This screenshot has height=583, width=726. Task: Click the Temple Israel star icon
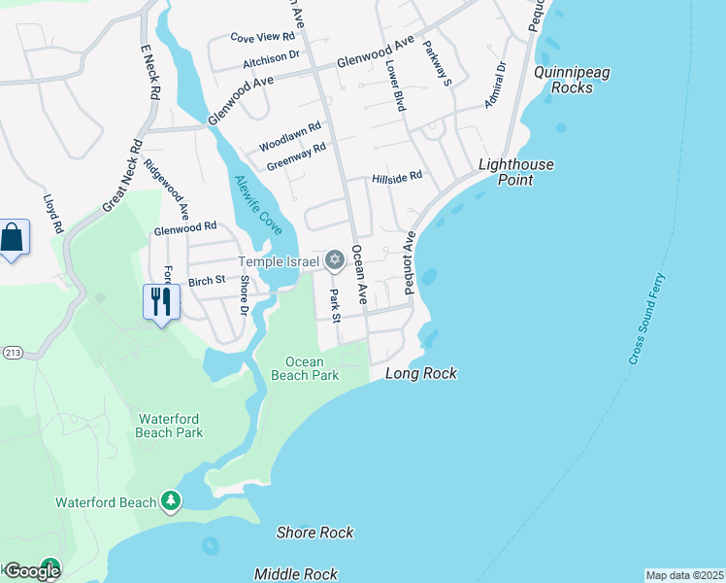[x=335, y=259]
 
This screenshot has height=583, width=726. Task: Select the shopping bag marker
[x=13, y=238]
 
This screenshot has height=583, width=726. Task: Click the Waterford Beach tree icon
[x=171, y=500]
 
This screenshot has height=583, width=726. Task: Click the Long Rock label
[x=420, y=374]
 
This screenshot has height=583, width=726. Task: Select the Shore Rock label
[x=314, y=532]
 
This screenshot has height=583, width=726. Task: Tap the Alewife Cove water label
[x=257, y=204]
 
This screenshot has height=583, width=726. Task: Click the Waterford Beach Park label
[x=170, y=426]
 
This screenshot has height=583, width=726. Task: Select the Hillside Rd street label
[x=397, y=177]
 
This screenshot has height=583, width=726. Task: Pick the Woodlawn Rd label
[x=289, y=137]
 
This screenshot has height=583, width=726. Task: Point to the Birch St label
[x=207, y=280]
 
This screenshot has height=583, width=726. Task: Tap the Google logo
[x=31, y=570]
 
